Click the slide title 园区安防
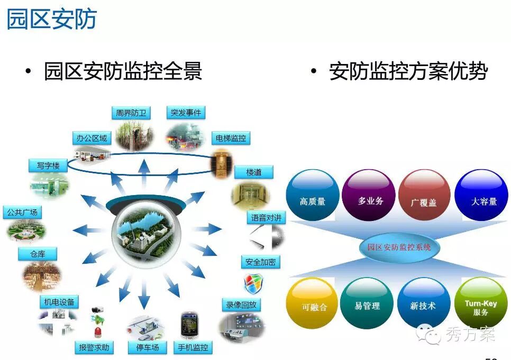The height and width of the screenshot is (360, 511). pyautogui.click(x=52, y=19)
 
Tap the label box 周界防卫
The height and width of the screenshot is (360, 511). pyautogui.click(x=131, y=113)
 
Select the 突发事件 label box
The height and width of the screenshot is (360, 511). pyautogui.click(x=186, y=113)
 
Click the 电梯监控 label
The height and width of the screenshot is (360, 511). pyautogui.click(x=231, y=138)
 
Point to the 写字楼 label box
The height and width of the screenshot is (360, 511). pyautogui.click(x=48, y=165)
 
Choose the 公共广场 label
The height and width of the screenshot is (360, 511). pyautogui.click(x=22, y=213)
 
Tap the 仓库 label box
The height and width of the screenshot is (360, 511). pyautogui.click(x=38, y=254)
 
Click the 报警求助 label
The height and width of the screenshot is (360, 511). pyautogui.click(x=94, y=347)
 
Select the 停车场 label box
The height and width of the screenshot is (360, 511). pyautogui.click(x=147, y=347)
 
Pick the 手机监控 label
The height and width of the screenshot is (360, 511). pyautogui.click(x=193, y=347)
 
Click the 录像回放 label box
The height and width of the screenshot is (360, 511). pyautogui.click(x=241, y=304)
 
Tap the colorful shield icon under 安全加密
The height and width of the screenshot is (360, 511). pyautogui.click(x=253, y=283)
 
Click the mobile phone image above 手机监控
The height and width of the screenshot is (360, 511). pyautogui.click(x=189, y=325)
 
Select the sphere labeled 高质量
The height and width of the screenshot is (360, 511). pyautogui.click(x=312, y=195)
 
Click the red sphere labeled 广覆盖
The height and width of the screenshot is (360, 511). pyautogui.click(x=424, y=195)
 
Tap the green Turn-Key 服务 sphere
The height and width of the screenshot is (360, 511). pyautogui.click(x=481, y=303)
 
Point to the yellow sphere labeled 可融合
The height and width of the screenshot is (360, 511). pyautogui.click(x=312, y=303)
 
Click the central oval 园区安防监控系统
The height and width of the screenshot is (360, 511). pyautogui.click(x=399, y=247)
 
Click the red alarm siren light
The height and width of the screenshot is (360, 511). pyautogui.click(x=98, y=331)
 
